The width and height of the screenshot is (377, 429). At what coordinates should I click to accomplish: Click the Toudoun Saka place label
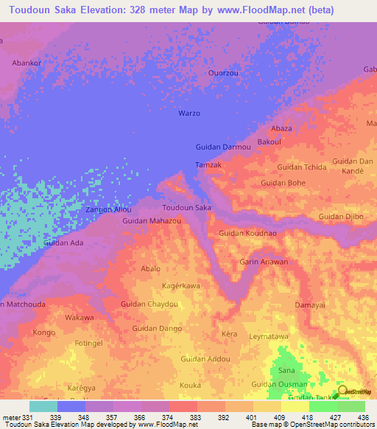187,209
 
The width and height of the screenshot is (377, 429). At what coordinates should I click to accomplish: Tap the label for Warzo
189,114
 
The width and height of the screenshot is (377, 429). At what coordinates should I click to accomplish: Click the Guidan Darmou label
223,147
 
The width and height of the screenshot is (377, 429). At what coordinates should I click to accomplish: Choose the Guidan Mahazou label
152,221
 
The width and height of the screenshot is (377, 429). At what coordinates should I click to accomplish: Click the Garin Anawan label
264,262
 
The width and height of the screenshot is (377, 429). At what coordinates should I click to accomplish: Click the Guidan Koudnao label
247,233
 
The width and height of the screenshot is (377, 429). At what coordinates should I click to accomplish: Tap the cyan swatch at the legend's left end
43,406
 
